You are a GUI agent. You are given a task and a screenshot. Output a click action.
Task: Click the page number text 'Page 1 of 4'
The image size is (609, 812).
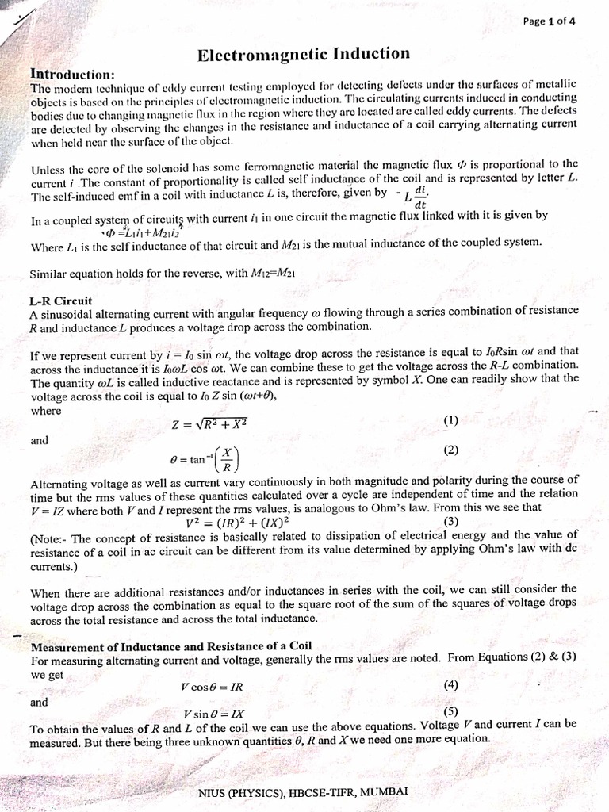[550, 21]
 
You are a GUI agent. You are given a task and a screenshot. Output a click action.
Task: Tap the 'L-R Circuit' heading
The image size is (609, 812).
[60, 301]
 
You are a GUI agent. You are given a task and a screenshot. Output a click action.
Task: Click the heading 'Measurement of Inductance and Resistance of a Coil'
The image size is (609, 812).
[171, 646]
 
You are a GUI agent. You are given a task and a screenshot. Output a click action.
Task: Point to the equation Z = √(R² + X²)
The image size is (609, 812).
[210, 424]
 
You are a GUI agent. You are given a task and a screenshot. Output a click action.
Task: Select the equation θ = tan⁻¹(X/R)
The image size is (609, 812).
[204, 458]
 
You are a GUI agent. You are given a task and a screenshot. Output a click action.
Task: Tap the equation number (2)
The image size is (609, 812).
[451, 450]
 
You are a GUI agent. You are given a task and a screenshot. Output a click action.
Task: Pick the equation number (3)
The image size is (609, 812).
[451, 521]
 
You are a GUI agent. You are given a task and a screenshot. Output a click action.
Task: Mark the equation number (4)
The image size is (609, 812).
[451, 684]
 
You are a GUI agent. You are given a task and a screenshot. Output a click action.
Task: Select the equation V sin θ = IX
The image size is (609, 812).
[215, 714]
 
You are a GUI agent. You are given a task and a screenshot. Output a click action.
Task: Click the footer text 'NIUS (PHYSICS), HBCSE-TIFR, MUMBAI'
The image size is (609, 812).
[304, 791]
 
